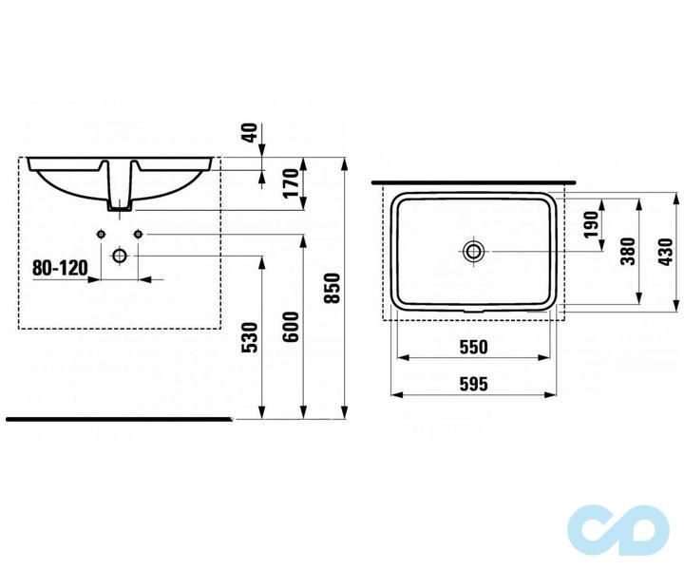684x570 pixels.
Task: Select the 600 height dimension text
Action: coord(292,327)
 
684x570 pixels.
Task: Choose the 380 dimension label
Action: coord(627,249)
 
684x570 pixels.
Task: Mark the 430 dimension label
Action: coord(664,253)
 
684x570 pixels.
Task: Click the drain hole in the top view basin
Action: coord(473,251)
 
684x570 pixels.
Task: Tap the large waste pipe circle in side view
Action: coord(120,256)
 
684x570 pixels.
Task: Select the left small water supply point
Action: coord(100,234)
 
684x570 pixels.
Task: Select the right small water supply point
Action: coord(139,234)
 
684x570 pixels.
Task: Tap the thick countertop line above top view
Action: coord(475,180)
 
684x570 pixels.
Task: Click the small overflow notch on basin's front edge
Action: coord(473,310)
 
